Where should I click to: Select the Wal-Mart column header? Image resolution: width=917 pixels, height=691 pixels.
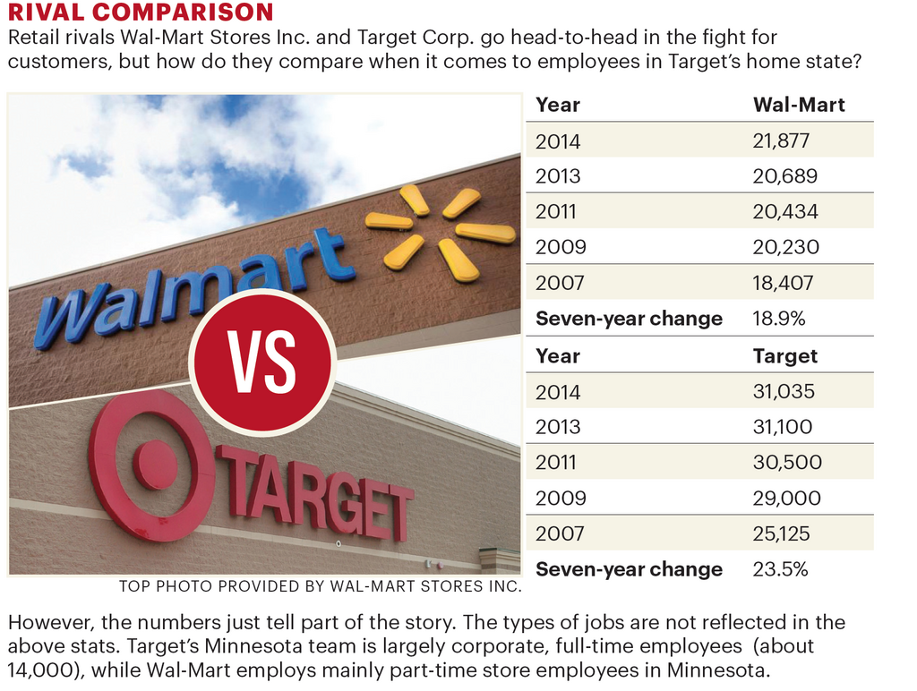(x=799, y=105)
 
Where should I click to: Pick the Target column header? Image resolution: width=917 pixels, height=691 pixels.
(x=785, y=355)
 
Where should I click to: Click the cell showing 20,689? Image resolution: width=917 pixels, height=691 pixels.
(x=784, y=176)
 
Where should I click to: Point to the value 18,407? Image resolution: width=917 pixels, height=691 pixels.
(x=783, y=283)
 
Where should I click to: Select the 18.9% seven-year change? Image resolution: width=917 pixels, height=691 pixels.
(x=778, y=319)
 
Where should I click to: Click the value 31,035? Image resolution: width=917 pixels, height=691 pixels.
(x=784, y=391)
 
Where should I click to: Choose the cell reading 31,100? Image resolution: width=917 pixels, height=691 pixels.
(x=782, y=427)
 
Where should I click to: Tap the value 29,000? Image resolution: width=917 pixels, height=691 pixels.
(x=786, y=498)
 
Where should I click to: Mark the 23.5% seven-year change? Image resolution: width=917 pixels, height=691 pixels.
(x=780, y=569)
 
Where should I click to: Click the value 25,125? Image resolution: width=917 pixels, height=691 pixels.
(x=781, y=533)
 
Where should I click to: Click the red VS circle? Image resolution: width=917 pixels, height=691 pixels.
(x=262, y=362)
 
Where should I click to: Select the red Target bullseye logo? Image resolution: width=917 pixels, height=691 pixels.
(x=153, y=465)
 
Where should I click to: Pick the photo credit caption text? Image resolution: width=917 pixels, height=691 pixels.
(x=320, y=587)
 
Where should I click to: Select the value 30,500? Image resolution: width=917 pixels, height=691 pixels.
(x=786, y=463)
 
